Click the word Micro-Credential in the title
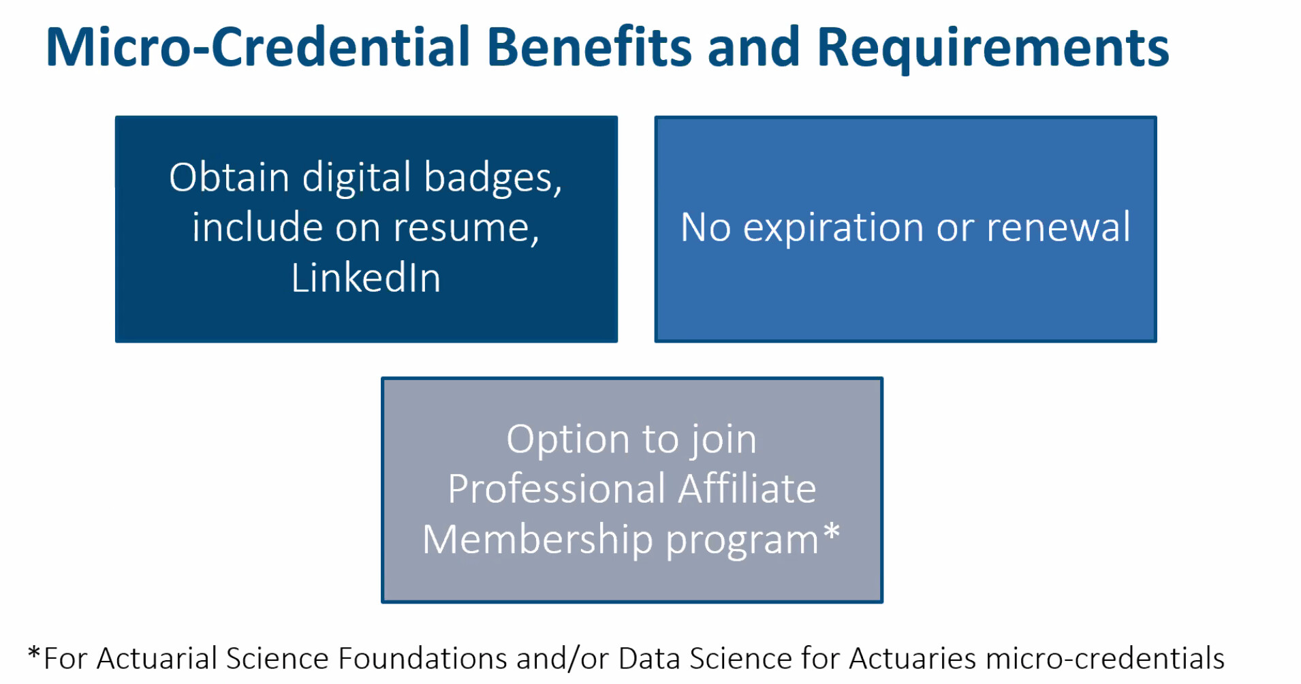click(x=258, y=47)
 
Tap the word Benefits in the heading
click(x=589, y=47)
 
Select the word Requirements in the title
click(x=992, y=49)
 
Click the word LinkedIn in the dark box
click(x=366, y=278)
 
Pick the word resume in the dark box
click(x=465, y=229)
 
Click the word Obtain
click(x=229, y=177)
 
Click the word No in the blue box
click(x=706, y=228)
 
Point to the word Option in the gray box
click(x=567, y=440)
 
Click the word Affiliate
click(x=747, y=488)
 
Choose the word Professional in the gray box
click(x=557, y=488)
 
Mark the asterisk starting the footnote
click(x=34, y=653)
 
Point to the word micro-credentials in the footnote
click(x=1105, y=659)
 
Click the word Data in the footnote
click(x=650, y=659)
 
